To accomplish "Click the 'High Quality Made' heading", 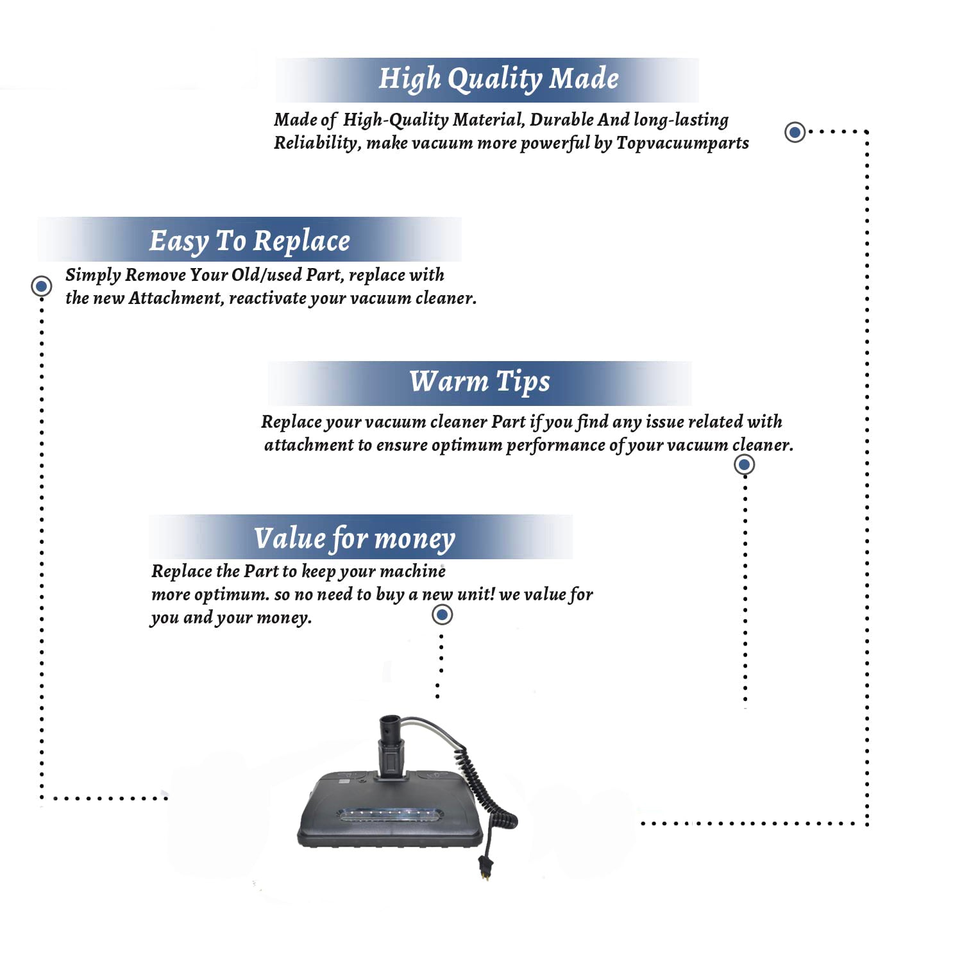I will pos(498,79).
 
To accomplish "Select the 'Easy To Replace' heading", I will pos(249,241).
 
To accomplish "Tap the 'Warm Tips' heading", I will pos(480,382).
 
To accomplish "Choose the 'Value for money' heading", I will pos(354,539).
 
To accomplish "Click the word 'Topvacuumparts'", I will pos(682,142).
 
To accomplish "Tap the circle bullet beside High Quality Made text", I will pos(795,132).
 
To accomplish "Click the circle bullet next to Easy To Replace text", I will pos(42,285).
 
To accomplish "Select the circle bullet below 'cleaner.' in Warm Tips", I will pos(744,464).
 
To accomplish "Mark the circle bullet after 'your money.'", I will pos(442,615).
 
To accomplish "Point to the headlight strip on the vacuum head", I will pos(390,816).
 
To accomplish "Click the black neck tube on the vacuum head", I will pos(391,747).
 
